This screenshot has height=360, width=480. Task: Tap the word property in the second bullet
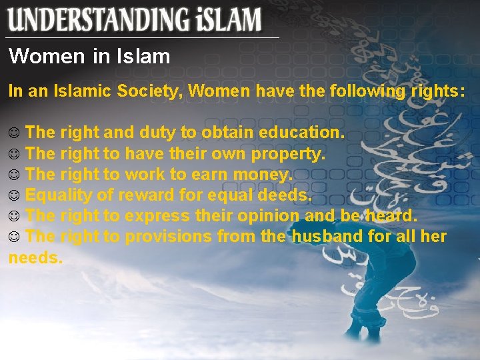click(288, 154)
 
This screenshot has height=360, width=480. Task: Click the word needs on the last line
click(35, 257)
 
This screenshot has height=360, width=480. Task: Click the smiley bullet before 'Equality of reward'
click(14, 196)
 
